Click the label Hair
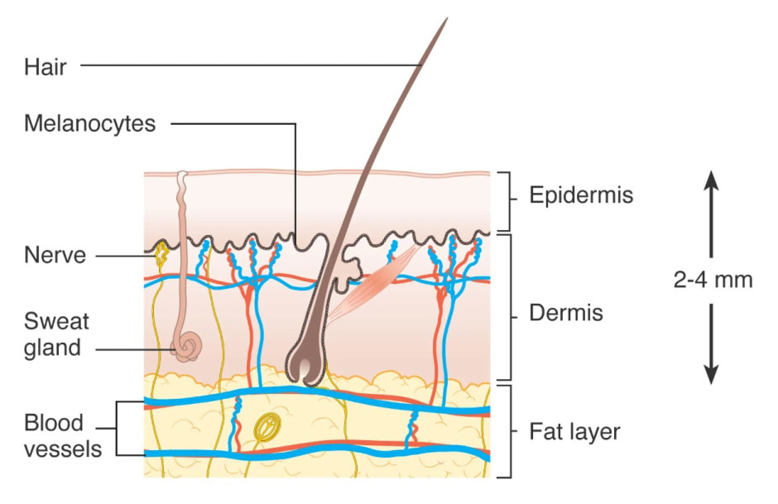point(46,67)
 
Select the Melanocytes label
point(90,123)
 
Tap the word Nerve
point(55,256)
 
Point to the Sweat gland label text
point(56,334)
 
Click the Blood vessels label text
point(63,436)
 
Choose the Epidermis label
point(581,195)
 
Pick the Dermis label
point(566,313)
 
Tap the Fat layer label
point(574,432)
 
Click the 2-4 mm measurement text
point(713,280)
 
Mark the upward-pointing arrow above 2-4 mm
point(711,214)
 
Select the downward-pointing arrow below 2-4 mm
point(711,343)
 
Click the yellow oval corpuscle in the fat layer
point(267,427)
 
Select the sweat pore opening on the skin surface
point(183,174)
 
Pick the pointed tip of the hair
point(448,18)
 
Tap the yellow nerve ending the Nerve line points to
point(161,253)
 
